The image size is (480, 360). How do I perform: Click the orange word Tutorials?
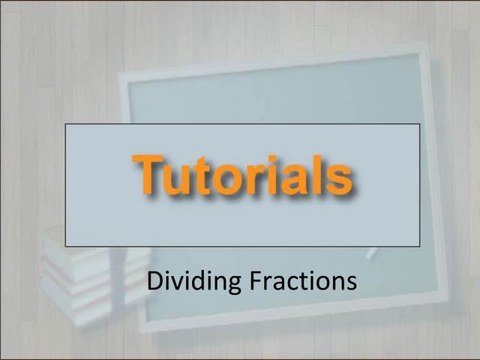242,175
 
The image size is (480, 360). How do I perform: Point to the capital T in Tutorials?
149,174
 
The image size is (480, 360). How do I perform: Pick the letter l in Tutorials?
318,174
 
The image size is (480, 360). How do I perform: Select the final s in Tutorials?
339,181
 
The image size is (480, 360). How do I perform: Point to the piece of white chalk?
371,253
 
